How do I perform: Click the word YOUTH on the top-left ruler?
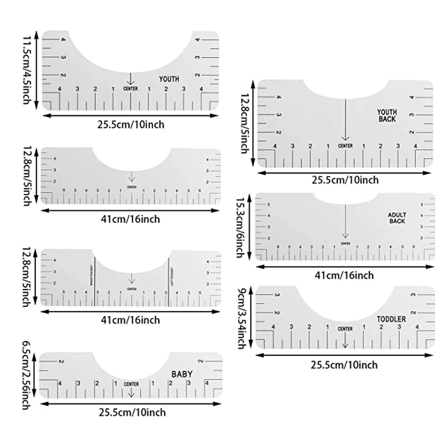point(169,79)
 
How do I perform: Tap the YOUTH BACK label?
point(387,115)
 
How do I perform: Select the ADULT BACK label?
point(397,218)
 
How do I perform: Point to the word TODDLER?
point(391,319)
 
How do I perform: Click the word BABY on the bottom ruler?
point(182,374)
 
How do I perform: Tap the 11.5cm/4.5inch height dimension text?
point(27,70)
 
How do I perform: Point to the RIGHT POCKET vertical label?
point(91,275)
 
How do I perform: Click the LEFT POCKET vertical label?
point(172,277)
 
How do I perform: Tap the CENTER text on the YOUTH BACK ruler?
point(345,146)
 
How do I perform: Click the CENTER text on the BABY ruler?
point(131,384)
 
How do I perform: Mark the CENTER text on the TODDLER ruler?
point(345,329)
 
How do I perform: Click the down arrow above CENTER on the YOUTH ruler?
point(130,79)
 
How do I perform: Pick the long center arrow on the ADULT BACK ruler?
point(345,222)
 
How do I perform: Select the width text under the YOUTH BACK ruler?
point(345,180)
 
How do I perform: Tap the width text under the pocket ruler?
point(130,320)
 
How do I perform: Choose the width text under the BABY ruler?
point(132,412)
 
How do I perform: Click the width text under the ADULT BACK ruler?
point(344,275)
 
